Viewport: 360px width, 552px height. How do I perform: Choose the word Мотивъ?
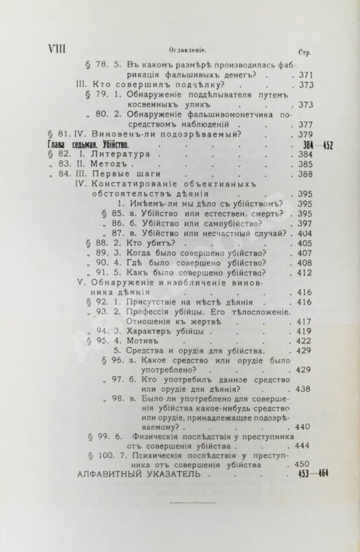pos(145,341)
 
